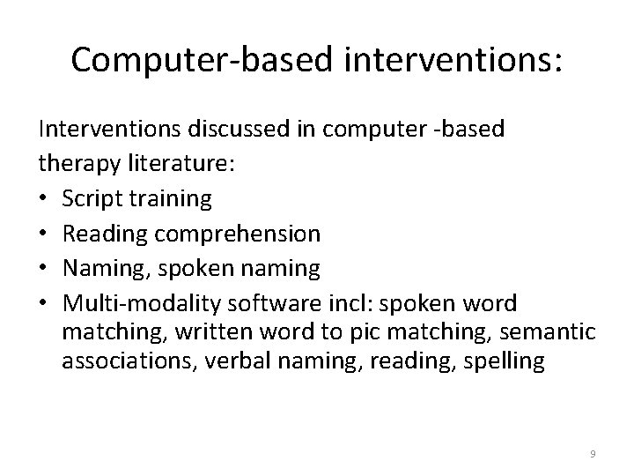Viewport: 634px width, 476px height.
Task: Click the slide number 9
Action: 593,453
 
